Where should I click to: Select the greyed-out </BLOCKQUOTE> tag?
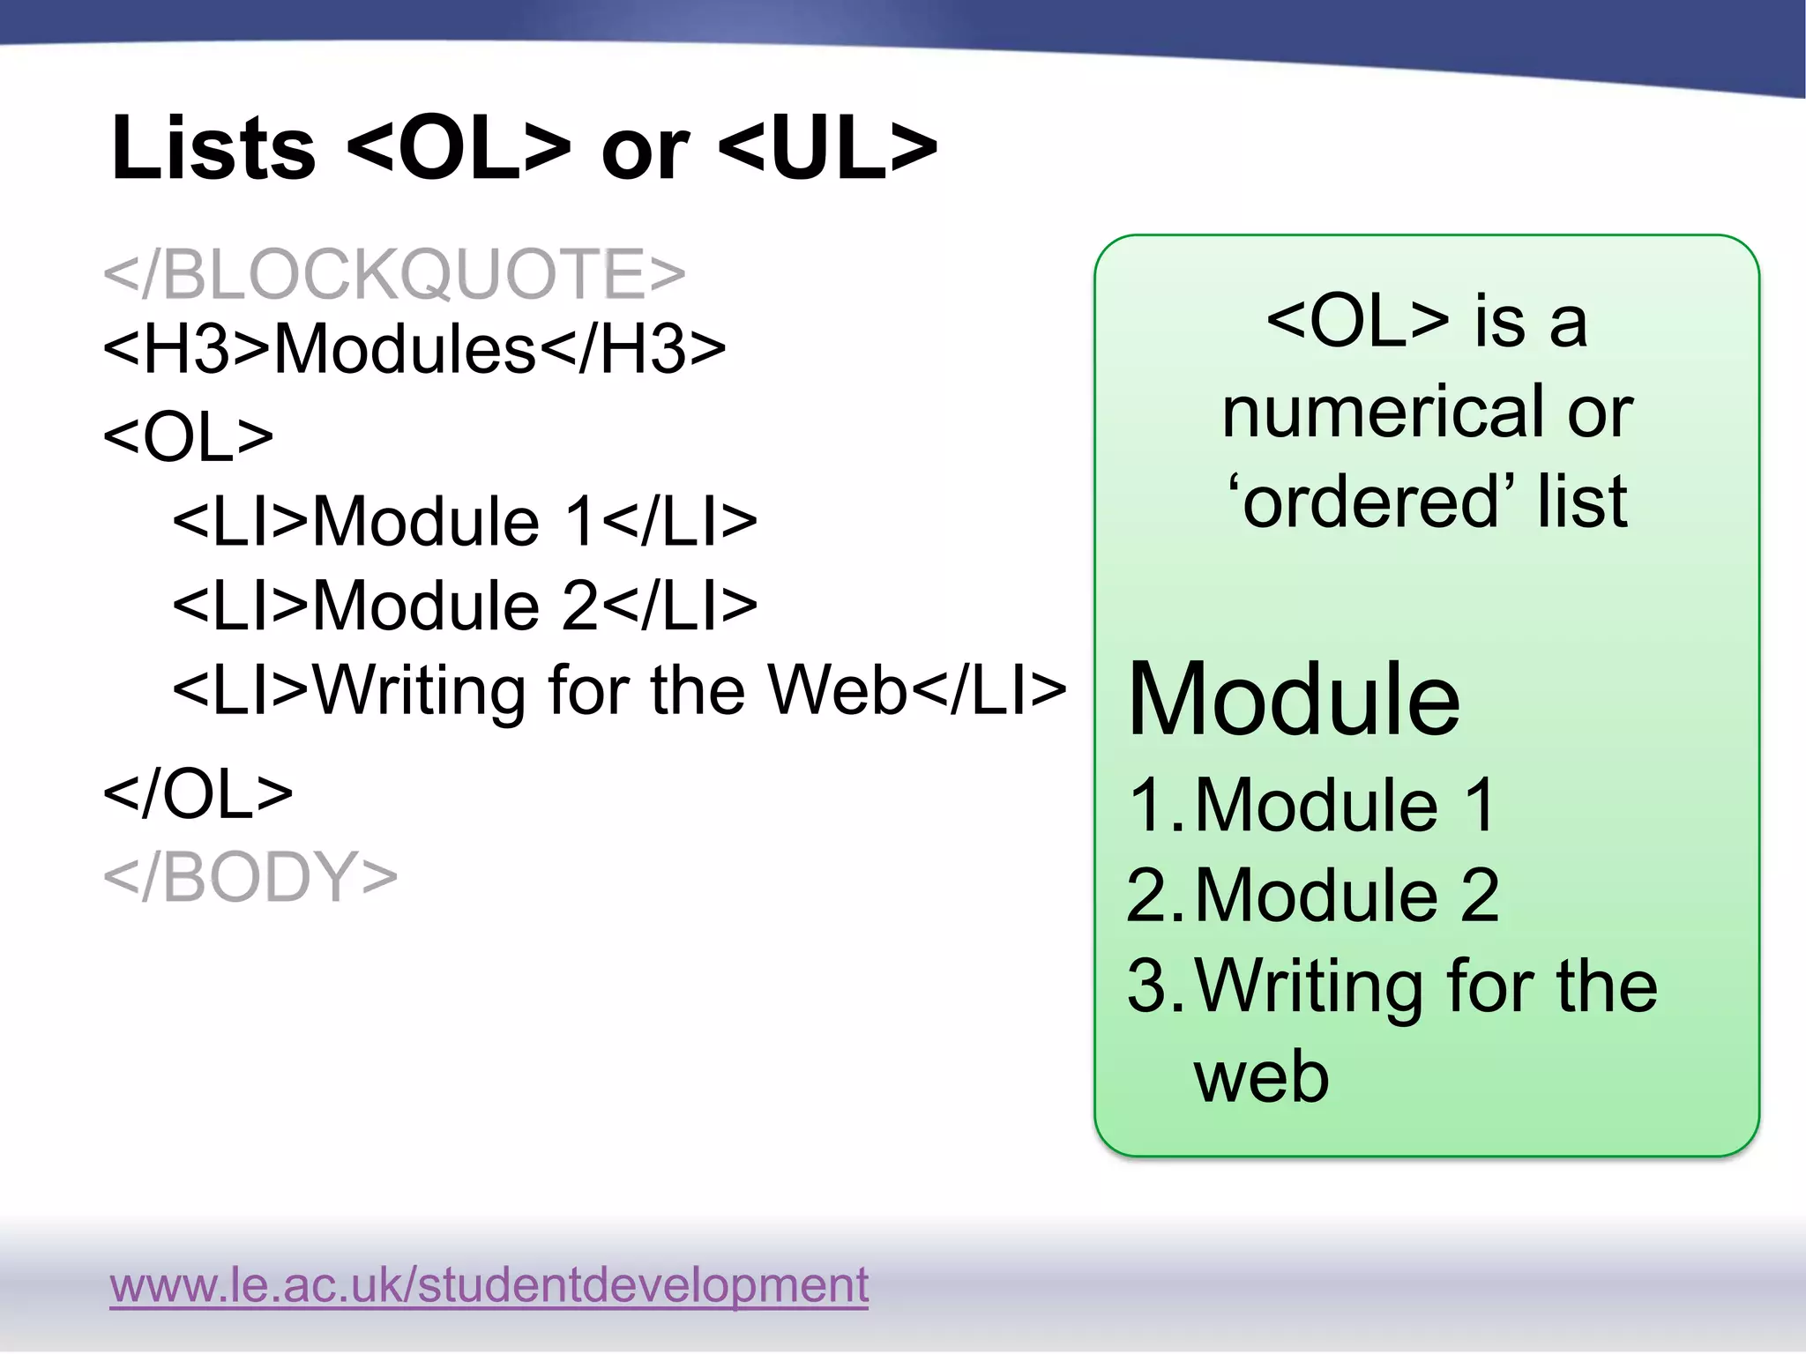[x=394, y=273]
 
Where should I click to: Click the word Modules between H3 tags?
[x=405, y=349]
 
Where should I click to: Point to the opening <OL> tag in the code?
[x=188, y=435]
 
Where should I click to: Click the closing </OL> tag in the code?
[x=198, y=793]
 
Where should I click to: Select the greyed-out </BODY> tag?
[x=250, y=876]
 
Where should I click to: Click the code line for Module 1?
[x=465, y=520]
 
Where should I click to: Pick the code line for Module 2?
[x=465, y=605]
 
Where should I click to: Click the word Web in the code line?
[x=837, y=689]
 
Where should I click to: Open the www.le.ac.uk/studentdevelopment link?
[x=489, y=1284]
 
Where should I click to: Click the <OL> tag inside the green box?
[x=1357, y=321]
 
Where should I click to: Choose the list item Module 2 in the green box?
[x=1347, y=895]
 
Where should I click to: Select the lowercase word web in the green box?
[x=1261, y=1077]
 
